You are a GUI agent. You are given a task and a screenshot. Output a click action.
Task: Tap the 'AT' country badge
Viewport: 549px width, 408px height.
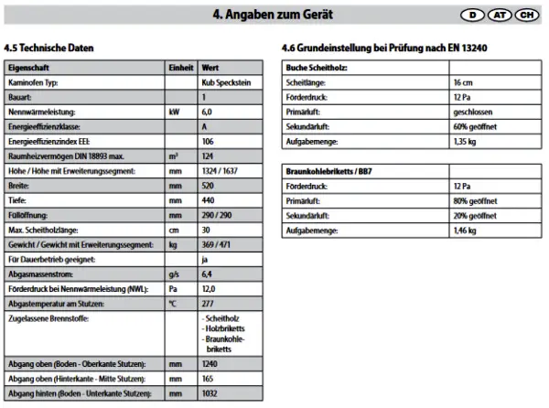point(499,16)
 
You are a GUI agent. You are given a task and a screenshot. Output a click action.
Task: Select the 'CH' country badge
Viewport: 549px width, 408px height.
point(525,16)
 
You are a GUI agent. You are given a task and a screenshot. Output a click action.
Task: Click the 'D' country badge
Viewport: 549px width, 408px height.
point(472,16)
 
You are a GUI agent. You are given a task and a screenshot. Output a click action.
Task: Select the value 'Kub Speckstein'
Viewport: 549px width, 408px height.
point(222,82)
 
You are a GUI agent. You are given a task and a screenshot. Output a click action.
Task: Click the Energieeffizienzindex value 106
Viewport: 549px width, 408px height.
point(208,142)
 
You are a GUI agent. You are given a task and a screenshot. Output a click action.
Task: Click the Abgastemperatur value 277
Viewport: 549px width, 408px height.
point(208,304)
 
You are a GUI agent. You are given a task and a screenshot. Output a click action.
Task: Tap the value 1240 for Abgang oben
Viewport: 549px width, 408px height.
point(210,363)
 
